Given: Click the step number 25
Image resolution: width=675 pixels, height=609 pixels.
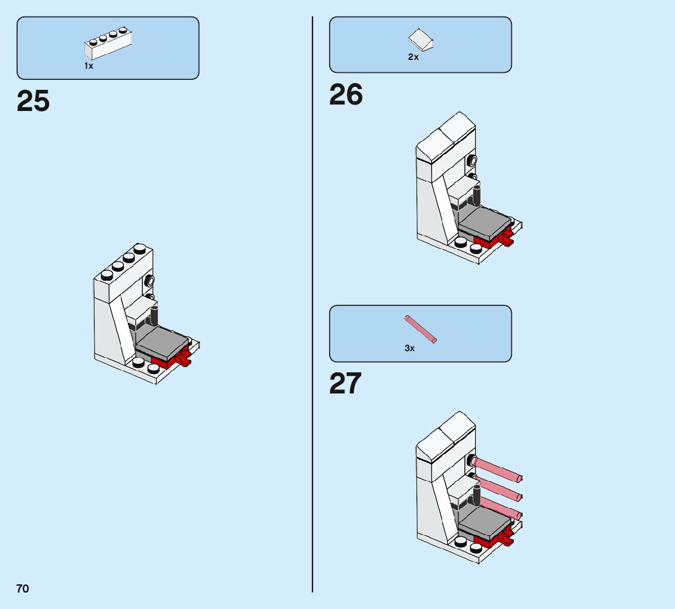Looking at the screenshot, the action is tap(33, 102).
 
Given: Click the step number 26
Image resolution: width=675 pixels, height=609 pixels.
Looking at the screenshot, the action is tap(346, 95).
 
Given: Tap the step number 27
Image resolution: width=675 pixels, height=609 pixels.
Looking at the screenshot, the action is tap(345, 384).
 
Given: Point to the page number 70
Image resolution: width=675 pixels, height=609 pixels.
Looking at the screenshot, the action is tap(22, 588).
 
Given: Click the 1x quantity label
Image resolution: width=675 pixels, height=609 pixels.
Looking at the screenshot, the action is tap(89, 66).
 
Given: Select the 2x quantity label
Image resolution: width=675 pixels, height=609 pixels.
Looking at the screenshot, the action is tap(413, 57).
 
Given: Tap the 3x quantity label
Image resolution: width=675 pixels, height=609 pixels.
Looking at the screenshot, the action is tap(409, 348).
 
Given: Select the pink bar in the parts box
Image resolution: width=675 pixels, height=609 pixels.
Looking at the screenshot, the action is tap(420, 329).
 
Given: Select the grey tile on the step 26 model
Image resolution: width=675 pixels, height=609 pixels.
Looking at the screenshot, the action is tap(484, 223).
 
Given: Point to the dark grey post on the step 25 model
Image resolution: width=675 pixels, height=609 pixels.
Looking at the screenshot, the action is tap(155, 315).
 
